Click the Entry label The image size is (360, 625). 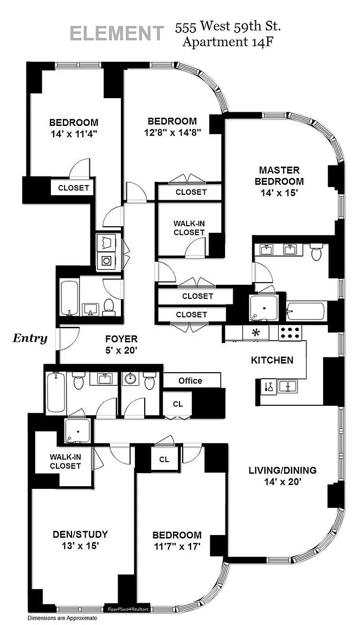[30, 339]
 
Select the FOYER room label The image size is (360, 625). [121, 339]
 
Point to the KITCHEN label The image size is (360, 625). [272, 360]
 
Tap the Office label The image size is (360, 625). [190, 380]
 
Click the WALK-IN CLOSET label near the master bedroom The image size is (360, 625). [189, 228]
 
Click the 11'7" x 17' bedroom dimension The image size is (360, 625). [177, 547]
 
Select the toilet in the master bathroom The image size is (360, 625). [317, 252]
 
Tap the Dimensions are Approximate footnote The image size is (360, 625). [62, 618]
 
